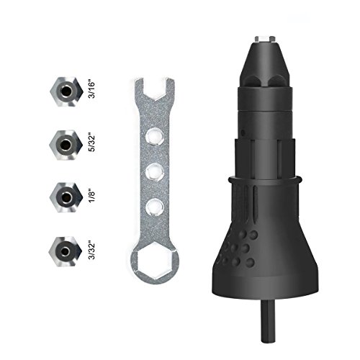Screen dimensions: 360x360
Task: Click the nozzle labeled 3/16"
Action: (x=67, y=92)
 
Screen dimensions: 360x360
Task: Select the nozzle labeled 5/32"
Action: (x=66, y=145)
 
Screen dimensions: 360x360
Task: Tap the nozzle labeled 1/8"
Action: (x=66, y=197)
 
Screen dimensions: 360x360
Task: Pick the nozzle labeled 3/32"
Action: (x=66, y=251)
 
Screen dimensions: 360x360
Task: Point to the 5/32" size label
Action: (x=91, y=143)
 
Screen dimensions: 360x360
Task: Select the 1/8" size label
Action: (x=92, y=197)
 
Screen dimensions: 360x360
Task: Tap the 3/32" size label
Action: (x=91, y=251)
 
